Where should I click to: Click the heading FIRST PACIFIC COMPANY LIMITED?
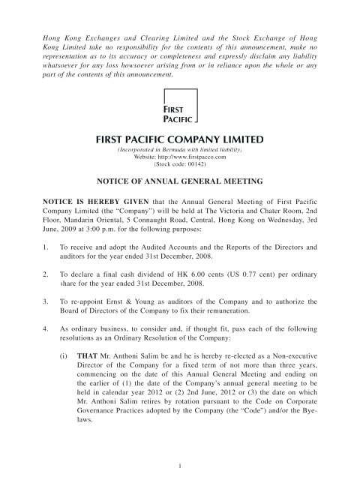coord(180,139)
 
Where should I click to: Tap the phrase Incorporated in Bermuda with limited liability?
coord(180,148)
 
